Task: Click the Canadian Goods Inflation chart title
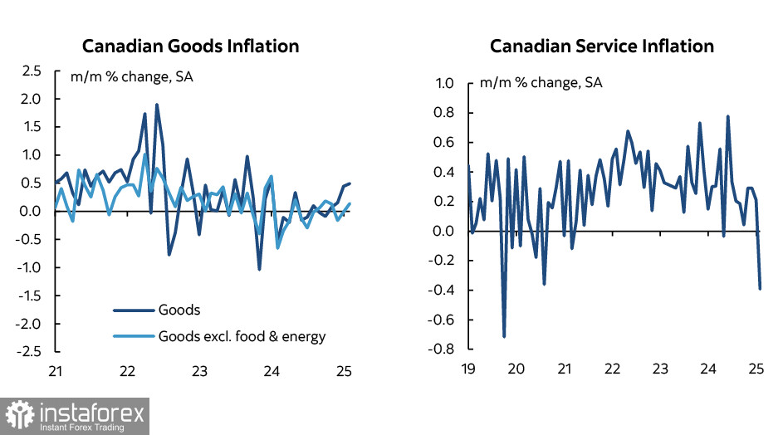pyautogui.click(x=190, y=46)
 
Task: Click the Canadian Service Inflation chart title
pyautogui.click(x=601, y=46)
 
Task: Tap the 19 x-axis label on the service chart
pyautogui.click(x=468, y=368)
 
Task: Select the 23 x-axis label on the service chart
pyautogui.click(x=660, y=368)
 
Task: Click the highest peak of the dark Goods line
pyautogui.click(x=157, y=105)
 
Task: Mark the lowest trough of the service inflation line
pyautogui.click(x=504, y=336)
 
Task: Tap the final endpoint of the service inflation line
pyautogui.click(x=760, y=288)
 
